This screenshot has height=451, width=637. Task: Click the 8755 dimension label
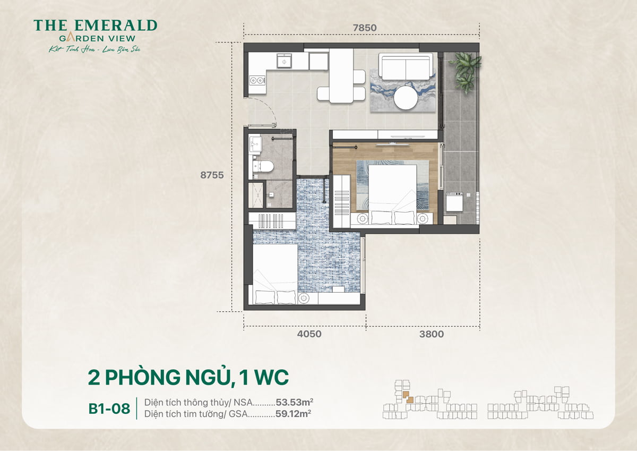click(x=211, y=175)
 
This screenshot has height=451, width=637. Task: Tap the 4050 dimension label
click(x=309, y=335)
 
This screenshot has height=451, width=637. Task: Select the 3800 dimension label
click(x=431, y=335)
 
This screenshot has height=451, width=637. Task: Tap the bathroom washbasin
click(x=255, y=143)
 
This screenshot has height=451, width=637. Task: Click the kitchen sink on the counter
click(x=285, y=62)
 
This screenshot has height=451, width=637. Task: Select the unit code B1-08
click(x=109, y=410)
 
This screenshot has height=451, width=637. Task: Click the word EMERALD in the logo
click(x=113, y=25)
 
